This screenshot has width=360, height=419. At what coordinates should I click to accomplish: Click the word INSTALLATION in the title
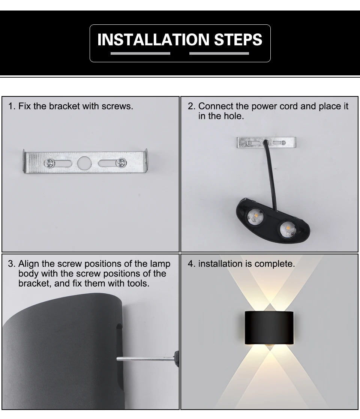(x=153, y=40)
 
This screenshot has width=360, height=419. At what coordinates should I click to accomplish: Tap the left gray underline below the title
(x=140, y=54)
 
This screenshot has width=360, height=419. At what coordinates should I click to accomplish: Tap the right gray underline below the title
(x=219, y=54)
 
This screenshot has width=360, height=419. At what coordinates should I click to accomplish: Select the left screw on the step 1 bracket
(x=49, y=163)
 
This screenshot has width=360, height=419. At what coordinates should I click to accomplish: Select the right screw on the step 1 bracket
(x=121, y=163)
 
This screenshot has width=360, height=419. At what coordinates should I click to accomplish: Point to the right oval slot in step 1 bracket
(x=106, y=163)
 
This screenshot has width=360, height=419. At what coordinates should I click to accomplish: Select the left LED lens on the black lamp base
(x=255, y=217)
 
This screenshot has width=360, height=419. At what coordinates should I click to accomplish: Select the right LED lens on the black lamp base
(x=287, y=229)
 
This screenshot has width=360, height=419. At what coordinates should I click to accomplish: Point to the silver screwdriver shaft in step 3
(x=144, y=359)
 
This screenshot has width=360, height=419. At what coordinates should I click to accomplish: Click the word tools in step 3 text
(x=139, y=284)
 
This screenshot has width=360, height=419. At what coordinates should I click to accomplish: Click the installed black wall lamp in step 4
(x=268, y=327)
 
